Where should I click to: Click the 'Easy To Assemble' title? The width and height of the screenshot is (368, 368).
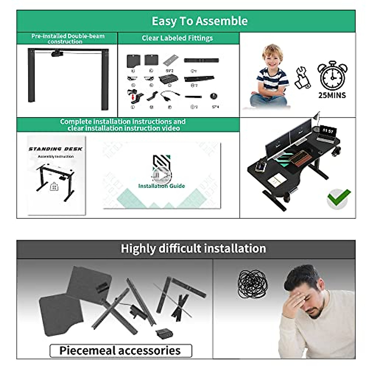tap(200, 21)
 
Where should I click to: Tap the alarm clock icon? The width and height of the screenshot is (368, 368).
tap(332, 75)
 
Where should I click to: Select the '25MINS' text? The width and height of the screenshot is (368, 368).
tap(332, 95)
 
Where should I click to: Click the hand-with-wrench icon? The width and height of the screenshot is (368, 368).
tap(302, 78)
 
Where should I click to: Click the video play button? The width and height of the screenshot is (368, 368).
tap(162, 175)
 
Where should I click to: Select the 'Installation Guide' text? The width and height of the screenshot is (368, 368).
tap(162, 186)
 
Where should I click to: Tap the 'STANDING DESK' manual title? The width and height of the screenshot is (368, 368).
tap(56, 149)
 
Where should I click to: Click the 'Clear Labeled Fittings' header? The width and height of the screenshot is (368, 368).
tap(177, 38)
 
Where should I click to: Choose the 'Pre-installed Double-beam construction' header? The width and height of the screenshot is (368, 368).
tap(68, 39)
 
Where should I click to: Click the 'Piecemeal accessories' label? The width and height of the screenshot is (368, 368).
tap(120, 351)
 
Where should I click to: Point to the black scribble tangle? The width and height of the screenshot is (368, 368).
tap(252, 284)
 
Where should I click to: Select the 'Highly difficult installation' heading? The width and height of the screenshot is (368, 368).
tap(193, 249)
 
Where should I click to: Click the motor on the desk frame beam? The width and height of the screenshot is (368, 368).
tap(57, 54)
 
